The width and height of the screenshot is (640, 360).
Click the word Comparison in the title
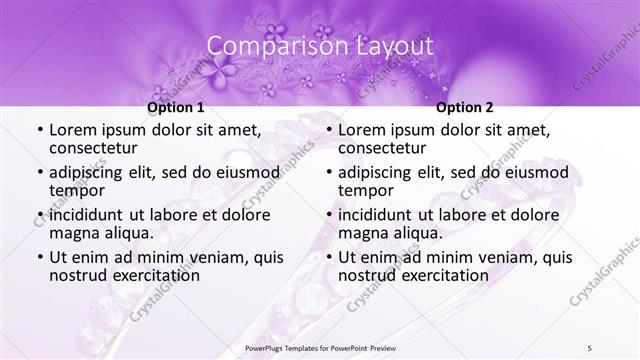267,46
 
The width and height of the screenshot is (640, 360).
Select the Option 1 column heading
175,107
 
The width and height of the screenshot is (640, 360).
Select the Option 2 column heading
464,107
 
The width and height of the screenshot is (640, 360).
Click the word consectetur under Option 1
97,148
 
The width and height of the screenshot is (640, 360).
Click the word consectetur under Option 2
386,148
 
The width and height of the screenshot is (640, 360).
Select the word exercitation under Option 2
440,275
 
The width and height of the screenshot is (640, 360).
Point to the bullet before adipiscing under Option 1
40,173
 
